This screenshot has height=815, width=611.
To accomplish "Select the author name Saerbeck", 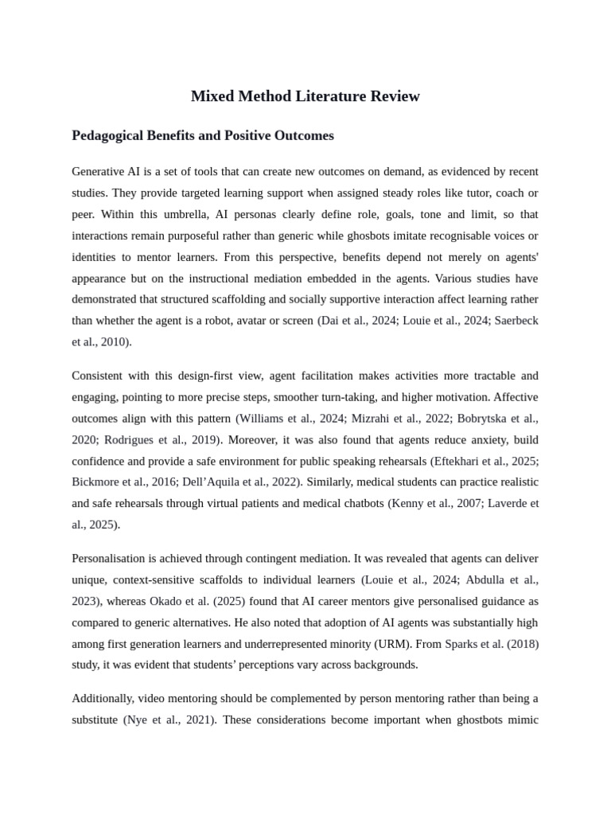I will point(512,321).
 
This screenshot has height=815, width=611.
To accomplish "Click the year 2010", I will point(115,342).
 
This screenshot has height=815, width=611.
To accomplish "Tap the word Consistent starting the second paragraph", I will point(98,376).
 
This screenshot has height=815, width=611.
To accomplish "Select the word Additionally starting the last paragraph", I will point(103,699).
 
